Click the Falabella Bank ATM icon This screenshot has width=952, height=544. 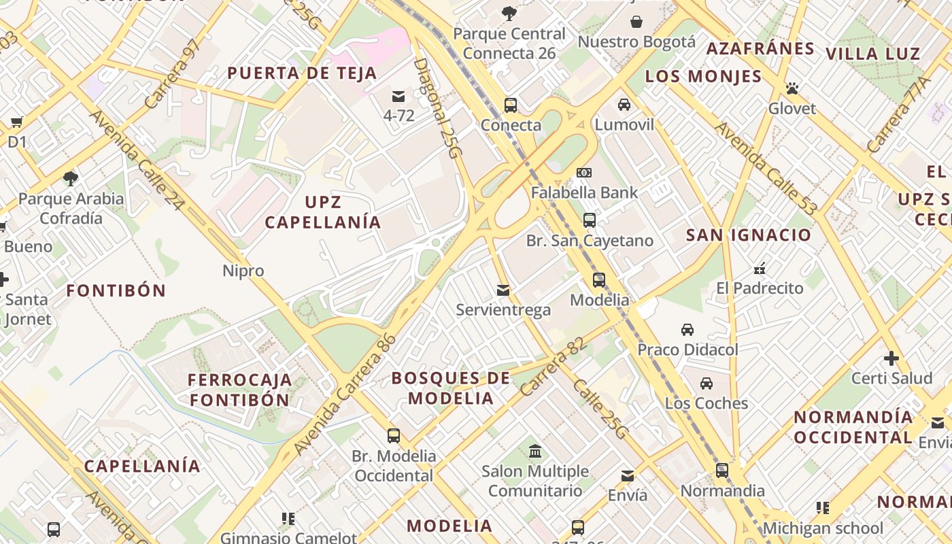tap(583, 173)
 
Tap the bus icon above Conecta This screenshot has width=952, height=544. tap(511, 105)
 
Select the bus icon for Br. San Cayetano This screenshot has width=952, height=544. tap(590, 220)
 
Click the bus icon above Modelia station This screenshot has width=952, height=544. tap(599, 279)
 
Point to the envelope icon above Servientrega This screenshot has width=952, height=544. tap(503, 290)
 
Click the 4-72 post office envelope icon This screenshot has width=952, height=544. tap(398, 97)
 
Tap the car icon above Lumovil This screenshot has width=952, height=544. tap(624, 105)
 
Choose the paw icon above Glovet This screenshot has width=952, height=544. tap(792, 88)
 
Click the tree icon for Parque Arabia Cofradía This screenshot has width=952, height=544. tap(70, 179)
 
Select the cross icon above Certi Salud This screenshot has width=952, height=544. tap(891, 358)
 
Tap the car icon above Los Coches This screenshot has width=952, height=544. tap(707, 384)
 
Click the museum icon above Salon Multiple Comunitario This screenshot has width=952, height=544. tap(535, 452)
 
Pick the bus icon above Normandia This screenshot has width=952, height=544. tap(722, 471)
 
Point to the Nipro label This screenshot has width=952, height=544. tap(243, 271)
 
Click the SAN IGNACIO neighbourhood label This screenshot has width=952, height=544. tap(749, 235)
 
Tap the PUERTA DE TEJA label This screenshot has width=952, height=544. tap(302, 73)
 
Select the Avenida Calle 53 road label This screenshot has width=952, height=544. tap(764, 170)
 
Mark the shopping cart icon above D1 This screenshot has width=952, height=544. tap(16, 122)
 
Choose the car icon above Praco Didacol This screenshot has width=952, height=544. tap(687, 330)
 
